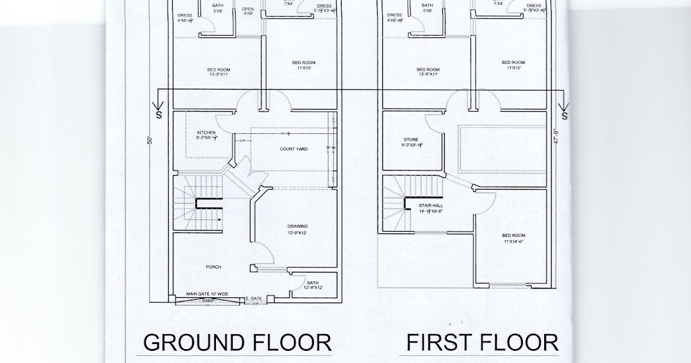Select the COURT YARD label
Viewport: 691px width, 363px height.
coord(294,149)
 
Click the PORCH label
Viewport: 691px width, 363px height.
coord(214,267)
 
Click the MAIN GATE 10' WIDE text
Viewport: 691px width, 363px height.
coord(207,294)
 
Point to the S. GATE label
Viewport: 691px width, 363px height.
coord(253,298)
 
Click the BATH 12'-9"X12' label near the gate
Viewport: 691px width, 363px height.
coord(313,285)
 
